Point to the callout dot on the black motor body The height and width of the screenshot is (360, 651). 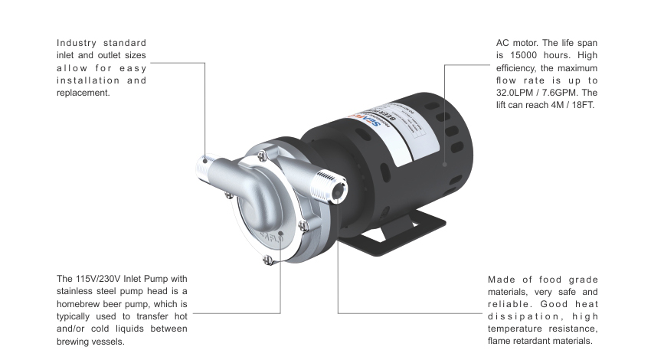coord(445,163)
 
